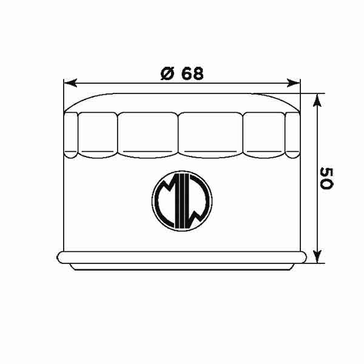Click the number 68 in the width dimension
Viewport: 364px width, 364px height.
pos(191,73)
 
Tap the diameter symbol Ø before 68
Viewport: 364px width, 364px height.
pos(167,73)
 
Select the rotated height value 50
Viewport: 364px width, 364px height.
pos(326,177)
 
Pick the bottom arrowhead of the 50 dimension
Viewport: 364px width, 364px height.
pos(317,256)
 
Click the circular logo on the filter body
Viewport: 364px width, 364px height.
pos(182,201)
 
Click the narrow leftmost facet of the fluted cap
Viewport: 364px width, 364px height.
pos(71,133)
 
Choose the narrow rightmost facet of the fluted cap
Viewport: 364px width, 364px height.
pos(293,133)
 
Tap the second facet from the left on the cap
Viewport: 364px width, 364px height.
pos(96,133)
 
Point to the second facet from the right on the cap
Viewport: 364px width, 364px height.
pos(264,133)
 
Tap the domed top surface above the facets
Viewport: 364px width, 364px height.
pos(182,101)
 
